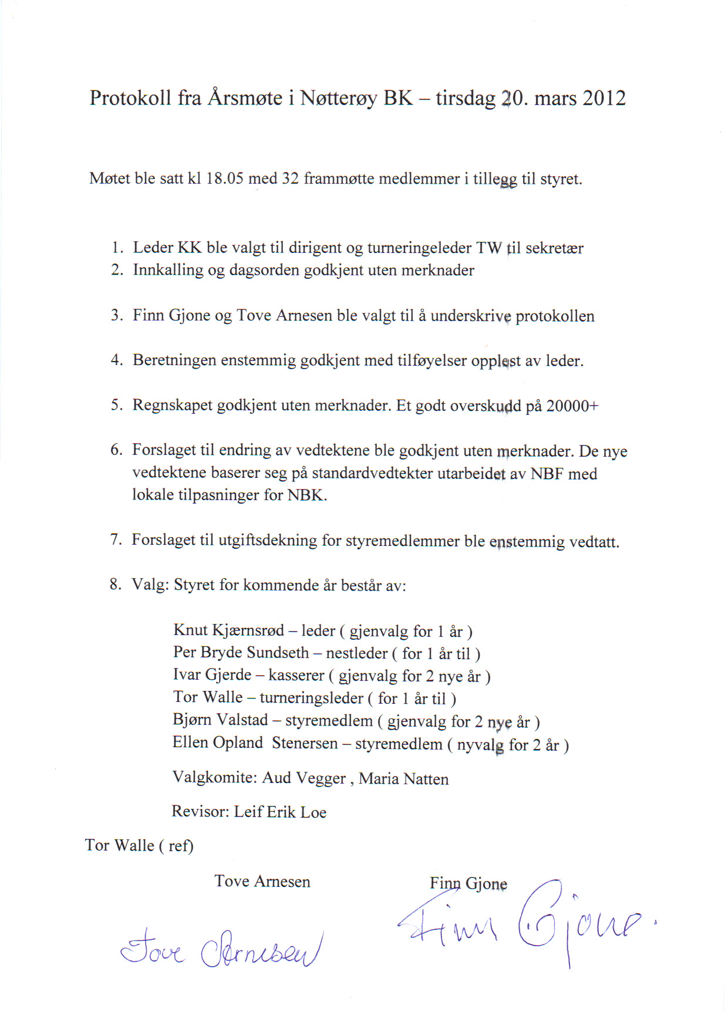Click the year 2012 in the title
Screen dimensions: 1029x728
click(604, 98)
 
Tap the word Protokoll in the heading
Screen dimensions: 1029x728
click(130, 98)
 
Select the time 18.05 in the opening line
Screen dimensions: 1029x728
click(224, 178)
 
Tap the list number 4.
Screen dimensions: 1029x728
click(116, 360)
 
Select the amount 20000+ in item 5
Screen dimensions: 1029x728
click(572, 406)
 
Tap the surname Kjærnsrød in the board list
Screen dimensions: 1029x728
click(248, 630)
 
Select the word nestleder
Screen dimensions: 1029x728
click(356, 653)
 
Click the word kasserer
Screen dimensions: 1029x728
click(296, 676)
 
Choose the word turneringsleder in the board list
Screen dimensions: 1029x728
click(311, 698)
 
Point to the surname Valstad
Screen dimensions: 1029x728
click(242, 720)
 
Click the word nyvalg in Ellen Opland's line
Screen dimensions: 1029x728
click(480, 745)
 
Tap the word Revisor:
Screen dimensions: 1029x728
click(200, 812)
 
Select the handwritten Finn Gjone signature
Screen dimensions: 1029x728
click(523, 922)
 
